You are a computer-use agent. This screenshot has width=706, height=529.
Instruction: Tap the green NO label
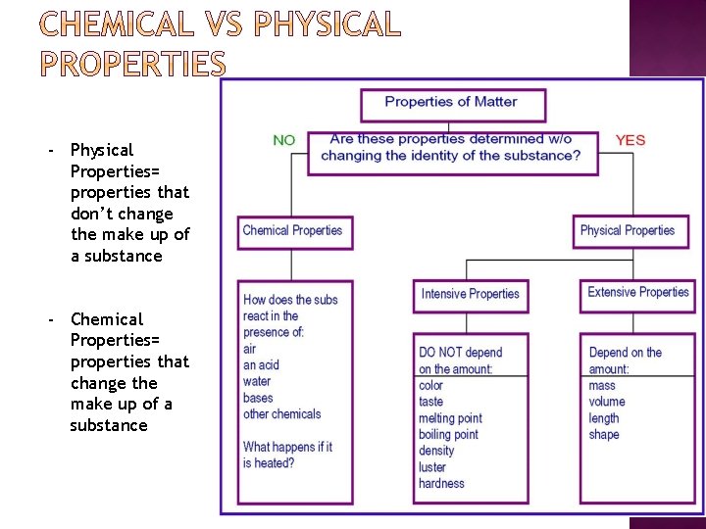click(284, 140)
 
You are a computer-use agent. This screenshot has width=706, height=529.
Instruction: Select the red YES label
click(630, 140)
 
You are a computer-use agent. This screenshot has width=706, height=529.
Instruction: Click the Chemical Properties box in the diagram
click(292, 231)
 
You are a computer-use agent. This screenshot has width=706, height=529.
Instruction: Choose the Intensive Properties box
click(471, 294)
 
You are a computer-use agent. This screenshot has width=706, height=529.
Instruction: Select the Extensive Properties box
click(638, 293)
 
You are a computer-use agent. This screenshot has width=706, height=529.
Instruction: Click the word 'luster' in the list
click(432, 467)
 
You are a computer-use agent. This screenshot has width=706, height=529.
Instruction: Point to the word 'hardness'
click(441, 484)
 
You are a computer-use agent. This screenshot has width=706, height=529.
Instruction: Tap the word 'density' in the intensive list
click(436, 451)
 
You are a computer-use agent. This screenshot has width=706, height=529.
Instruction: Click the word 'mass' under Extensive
click(602, 386)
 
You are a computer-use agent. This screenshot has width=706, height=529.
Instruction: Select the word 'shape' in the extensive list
click(604, 435)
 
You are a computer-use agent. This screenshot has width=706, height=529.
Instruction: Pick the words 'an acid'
click(261, 365)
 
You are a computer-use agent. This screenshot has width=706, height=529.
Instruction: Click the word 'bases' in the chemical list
click(258, 399)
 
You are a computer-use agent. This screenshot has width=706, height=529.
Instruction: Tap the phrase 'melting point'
click(450, 418)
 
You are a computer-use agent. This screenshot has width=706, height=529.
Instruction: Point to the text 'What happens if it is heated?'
click(287, 455)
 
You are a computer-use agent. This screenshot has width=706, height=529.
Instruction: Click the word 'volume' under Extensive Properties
click(607, 402)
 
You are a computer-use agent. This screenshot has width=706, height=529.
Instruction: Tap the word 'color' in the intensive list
click(431, 386)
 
